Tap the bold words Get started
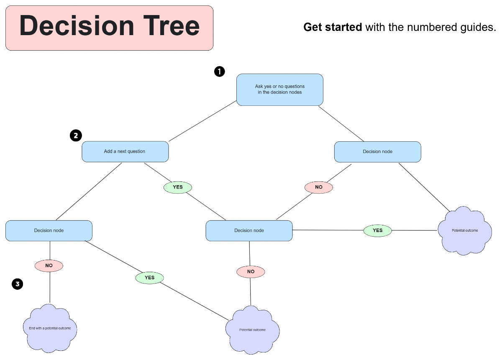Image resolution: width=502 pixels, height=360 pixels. [333, 28]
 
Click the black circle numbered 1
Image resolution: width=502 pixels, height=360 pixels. [220, 71]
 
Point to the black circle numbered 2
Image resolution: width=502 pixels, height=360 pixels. [76, 135]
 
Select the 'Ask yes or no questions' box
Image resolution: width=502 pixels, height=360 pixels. [279, 89]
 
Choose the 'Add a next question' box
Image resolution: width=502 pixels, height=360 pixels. [125, 151]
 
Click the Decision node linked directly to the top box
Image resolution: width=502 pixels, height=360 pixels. [377, 151]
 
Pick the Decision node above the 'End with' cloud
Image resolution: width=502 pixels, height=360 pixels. [49, 230]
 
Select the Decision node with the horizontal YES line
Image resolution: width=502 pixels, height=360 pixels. [249, 230]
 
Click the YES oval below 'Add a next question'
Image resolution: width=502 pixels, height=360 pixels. [178, 187]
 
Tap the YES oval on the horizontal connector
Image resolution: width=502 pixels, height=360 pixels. [377, 230]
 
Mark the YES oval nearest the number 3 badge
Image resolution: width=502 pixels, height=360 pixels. [149, 278]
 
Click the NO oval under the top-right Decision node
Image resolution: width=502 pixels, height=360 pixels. [319, 187]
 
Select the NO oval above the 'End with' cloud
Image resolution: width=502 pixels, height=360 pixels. [49, 265]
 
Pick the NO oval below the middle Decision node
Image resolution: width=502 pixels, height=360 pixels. [251, 272]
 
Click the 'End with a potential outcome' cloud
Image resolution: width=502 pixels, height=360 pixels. [50, 329]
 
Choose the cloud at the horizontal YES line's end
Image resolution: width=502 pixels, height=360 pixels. [464, 231]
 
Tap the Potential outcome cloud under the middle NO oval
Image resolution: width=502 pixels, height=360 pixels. [252, 330]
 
